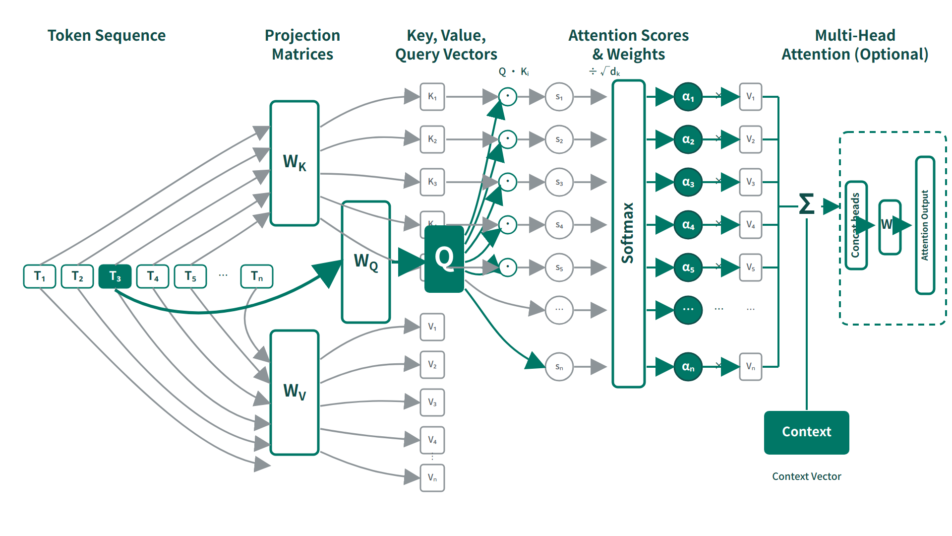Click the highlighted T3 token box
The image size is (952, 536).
[115, 276]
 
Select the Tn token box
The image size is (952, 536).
[256, 276]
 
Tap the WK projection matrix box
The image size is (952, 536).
[295, 163]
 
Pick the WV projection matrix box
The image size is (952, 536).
[295, 392]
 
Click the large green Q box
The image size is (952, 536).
[444, 259]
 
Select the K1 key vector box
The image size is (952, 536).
[432, 96]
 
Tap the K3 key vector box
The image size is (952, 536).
[432, 182]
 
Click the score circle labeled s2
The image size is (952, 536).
[559, 139]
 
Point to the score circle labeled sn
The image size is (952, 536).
[559, 367]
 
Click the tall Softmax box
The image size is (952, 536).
[628, 233]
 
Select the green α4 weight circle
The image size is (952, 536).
[688, 225]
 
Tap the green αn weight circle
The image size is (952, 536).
[688, 367]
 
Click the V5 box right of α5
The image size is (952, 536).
[751, 268]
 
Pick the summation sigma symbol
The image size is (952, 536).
[807, 204]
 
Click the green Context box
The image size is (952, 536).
[806, 432]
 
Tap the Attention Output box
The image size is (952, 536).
[925, 225]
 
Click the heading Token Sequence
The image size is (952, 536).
[107, 35]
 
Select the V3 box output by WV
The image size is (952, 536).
[432, 402]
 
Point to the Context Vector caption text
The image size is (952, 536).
[806, 476]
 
